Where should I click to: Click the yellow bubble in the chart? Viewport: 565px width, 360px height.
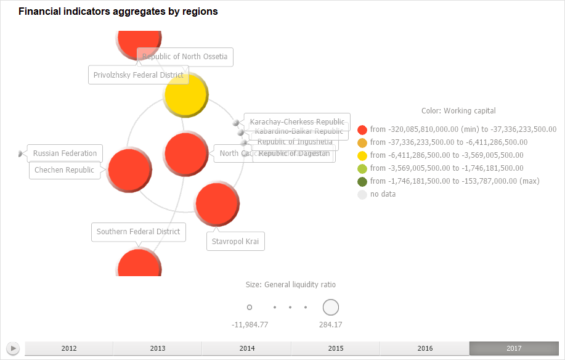[x=186, y=96]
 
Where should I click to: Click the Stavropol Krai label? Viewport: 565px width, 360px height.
[x=235, y=241]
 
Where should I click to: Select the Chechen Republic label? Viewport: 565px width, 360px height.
[x=65, y=170]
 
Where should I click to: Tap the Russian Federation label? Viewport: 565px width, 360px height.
[x=65, y=153]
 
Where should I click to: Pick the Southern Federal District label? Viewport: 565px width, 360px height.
[x=139, y=232]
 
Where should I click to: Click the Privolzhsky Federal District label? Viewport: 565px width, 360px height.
[x=138, y=75]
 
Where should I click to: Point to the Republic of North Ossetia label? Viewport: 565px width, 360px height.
[x=185, y=56]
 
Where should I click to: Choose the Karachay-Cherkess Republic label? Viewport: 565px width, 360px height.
[x=297, y=122]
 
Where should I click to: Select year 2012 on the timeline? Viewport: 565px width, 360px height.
[x=69, y=348]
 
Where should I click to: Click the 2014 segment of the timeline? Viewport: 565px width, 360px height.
[x=247, y=348]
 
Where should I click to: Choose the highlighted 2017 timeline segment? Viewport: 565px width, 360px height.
[x=514, y=348]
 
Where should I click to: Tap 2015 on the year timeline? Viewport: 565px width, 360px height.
[x=336, y=348]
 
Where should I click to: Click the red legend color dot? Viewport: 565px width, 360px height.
[x=362, y=129]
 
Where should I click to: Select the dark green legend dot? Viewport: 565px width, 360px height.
[x=362, y=181]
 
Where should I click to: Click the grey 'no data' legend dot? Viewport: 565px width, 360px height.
[x=362, y=194]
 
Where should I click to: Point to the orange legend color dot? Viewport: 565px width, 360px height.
[x=362, y=142]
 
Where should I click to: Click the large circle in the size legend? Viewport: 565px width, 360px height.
[x=331, y=307]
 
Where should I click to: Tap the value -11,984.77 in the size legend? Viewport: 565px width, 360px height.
[x=250, y=325]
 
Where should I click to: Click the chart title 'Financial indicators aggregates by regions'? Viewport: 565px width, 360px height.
[x=118, y=12]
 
